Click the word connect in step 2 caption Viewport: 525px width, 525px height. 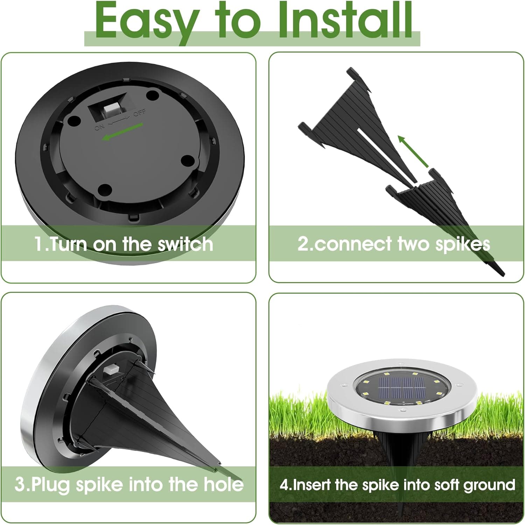tap(353, 244)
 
